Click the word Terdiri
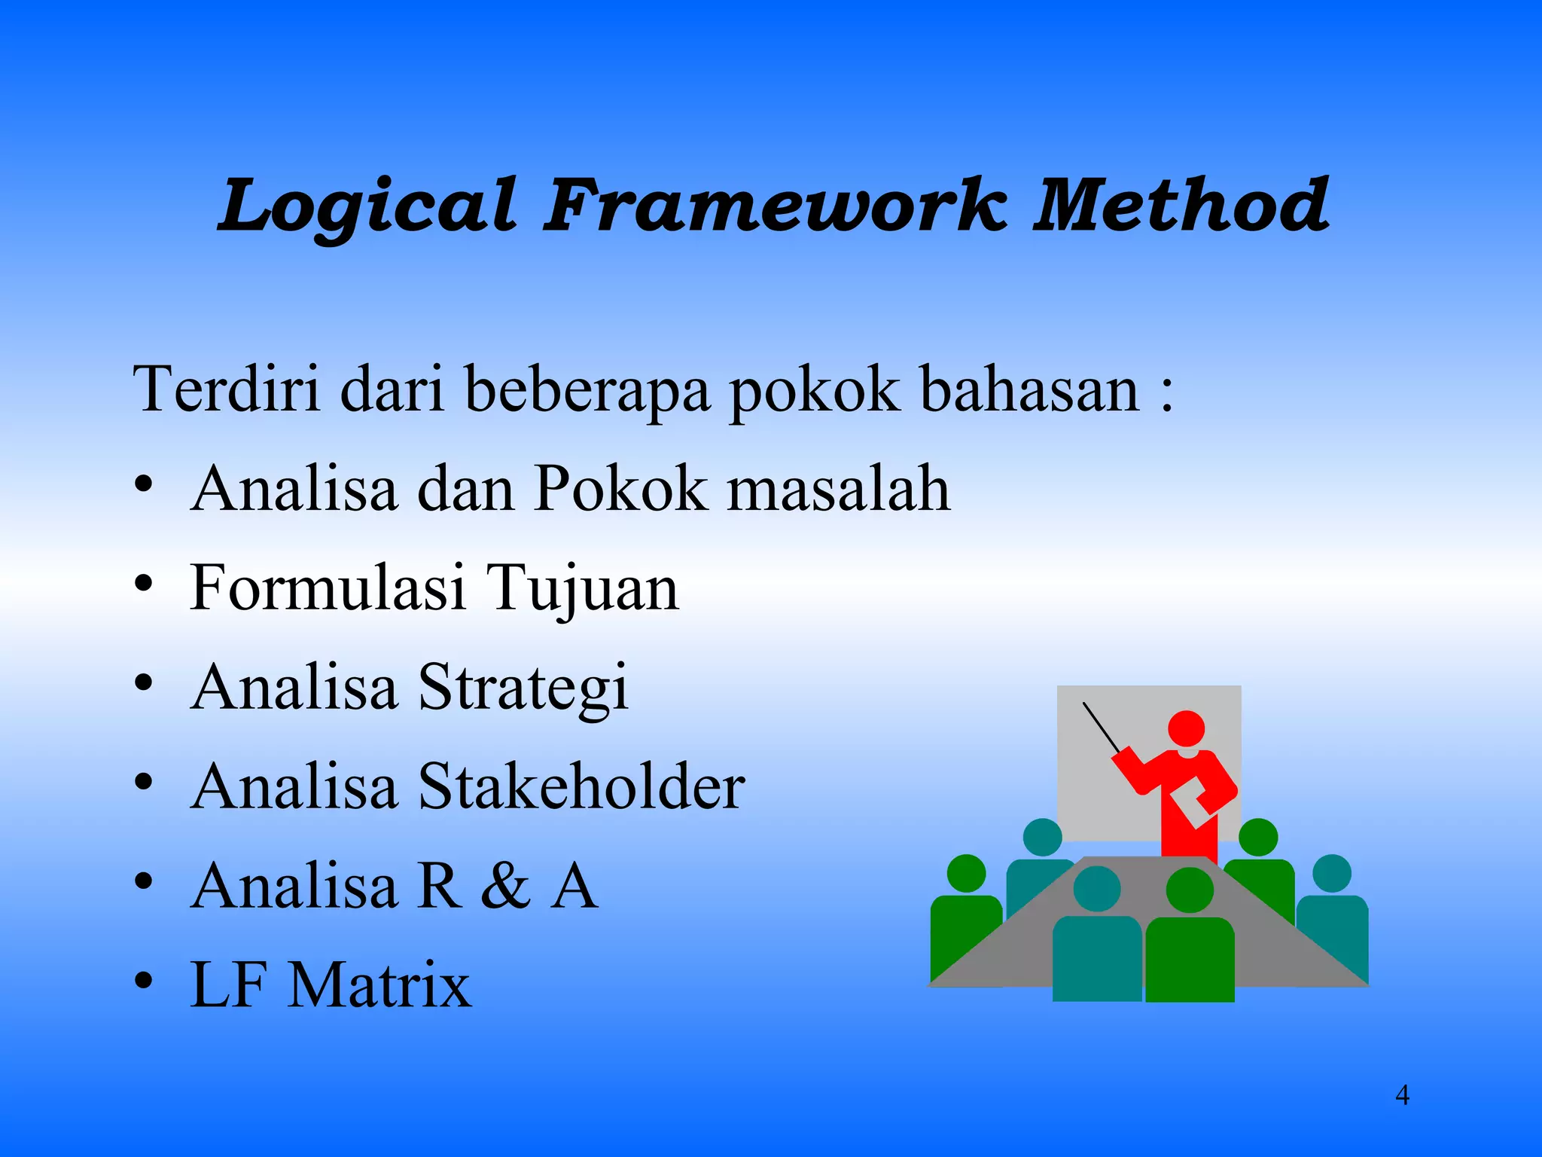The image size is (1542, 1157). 227,389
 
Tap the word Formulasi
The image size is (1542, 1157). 328,588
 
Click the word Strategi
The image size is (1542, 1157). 523,688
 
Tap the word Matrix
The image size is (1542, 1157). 379,985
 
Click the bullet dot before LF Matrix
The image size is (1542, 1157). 144,981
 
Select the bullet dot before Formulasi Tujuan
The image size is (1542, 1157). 144,583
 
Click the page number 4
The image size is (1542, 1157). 1402,1094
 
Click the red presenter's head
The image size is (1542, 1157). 1186,728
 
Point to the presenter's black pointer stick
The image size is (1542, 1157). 1101,727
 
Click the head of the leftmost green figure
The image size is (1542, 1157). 966,873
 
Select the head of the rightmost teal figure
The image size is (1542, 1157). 1331,873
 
